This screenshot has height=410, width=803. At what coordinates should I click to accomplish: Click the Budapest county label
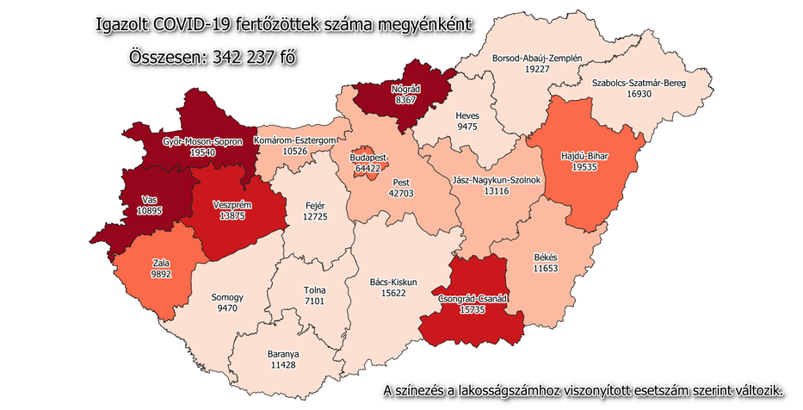tap(368, 158)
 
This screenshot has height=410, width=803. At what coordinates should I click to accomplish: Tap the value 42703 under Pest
tap(400, 195)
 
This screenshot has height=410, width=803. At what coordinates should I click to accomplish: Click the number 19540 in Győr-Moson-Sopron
tap(203, 152)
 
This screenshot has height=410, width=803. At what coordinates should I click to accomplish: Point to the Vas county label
tap(150, 200)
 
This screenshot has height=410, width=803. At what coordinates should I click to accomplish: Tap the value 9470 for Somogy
tap(227, 308)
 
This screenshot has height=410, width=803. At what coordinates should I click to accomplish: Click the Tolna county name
tap(314, 291)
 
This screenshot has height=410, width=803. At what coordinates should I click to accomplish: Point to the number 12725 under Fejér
tap(315, 216)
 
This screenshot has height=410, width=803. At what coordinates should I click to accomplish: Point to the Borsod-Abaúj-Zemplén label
tap(537, 59)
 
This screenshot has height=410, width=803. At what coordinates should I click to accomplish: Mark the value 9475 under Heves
tap(467, 126)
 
